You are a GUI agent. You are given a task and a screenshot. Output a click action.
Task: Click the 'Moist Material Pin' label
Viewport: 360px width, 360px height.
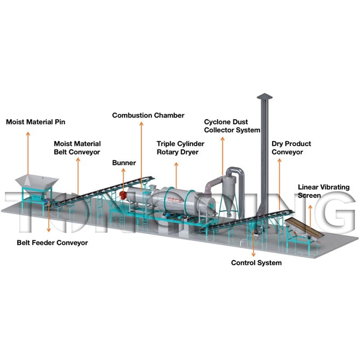click(x=36, y=122)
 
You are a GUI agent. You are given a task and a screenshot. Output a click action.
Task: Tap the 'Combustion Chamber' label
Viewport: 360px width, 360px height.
click(x=148, y=115)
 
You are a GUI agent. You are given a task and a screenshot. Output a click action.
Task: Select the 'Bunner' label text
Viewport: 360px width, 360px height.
click(x=124, y=163)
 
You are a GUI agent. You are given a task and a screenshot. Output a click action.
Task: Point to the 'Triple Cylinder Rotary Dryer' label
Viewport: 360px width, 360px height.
click(x=180, y=148)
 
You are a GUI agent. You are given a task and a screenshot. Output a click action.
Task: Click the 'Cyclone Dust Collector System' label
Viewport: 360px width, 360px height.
click(x=232, y=126)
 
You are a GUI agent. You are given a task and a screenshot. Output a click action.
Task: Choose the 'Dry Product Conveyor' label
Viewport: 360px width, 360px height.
click(x=291, y=148)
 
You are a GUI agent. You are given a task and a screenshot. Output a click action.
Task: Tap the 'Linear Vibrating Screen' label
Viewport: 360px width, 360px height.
click(x=324, y=191)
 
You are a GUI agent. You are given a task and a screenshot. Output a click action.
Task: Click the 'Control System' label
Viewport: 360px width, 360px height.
click(x=256, y=263)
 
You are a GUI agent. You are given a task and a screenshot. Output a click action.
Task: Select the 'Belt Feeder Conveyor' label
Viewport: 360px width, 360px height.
click(x=52, y=243)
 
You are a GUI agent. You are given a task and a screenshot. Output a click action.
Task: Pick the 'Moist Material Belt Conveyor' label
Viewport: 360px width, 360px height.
click(x=77, y=148)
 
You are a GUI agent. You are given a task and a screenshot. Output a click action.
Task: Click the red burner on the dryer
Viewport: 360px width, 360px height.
click(x=123, y=195)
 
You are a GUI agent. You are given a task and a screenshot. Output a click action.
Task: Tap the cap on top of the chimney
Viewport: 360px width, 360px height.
click(x=265, y=96)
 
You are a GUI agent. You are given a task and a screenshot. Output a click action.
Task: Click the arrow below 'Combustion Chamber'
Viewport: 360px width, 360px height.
click(x=141, y=156)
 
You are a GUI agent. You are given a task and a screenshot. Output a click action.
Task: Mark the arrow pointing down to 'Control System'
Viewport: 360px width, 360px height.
click(x=253, y=243)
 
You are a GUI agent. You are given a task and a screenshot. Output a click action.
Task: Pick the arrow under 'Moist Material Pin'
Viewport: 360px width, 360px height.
click(x=28, y=153)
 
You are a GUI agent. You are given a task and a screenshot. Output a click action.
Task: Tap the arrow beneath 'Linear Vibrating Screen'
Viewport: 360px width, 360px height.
click(x=310, y=216)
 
